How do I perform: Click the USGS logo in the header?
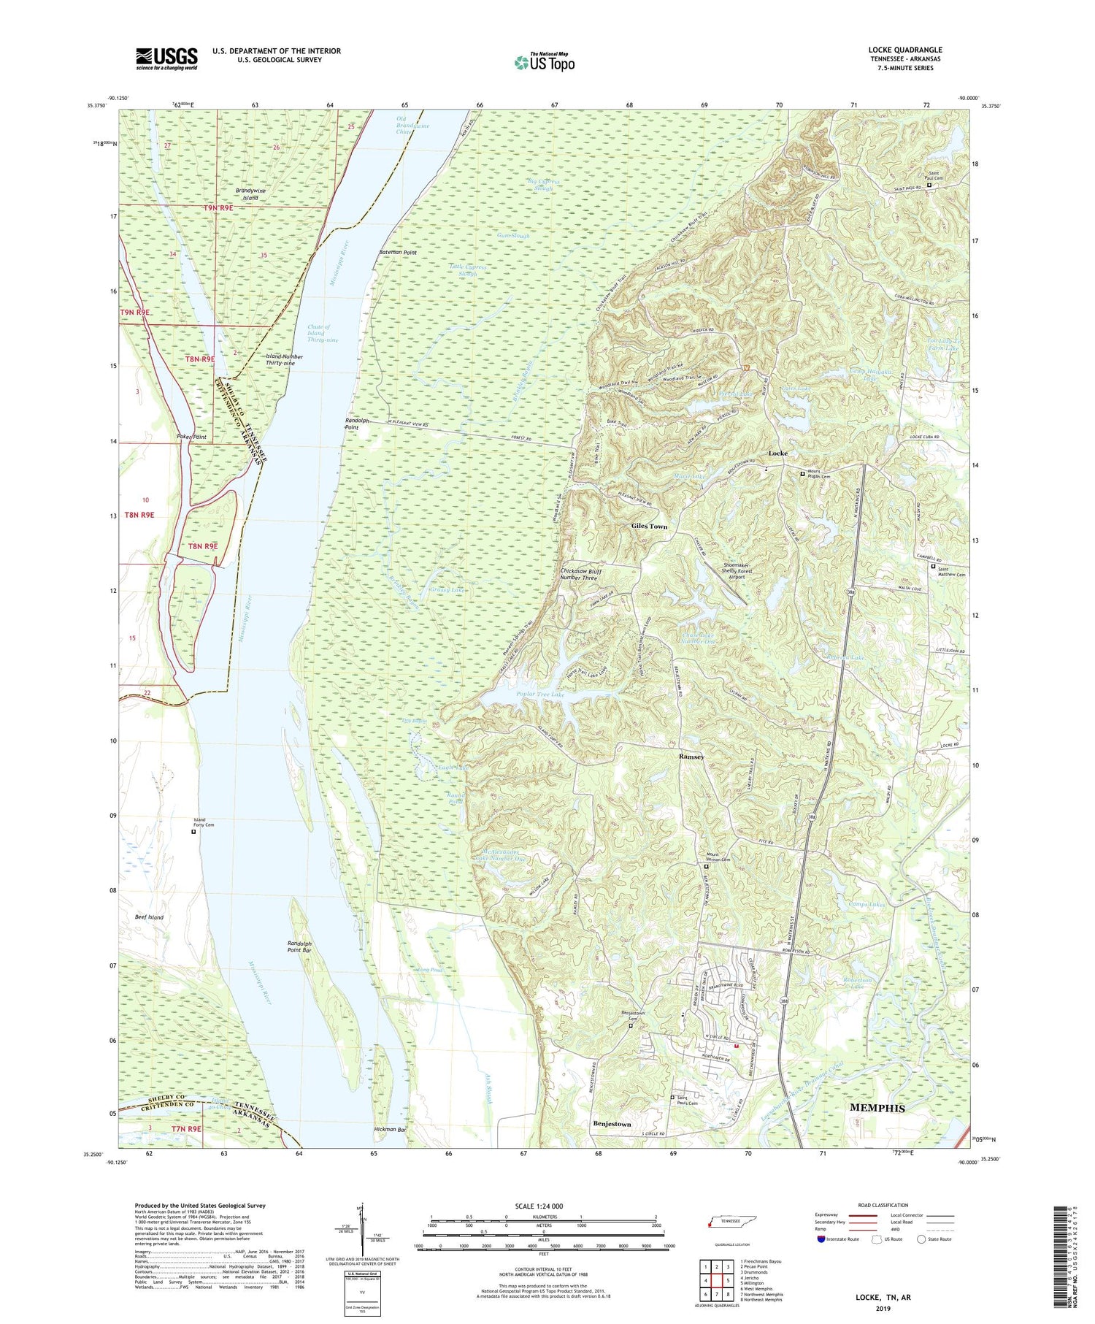pos(166,58)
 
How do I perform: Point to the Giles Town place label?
pos(649,526)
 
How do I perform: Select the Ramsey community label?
pos(691,757)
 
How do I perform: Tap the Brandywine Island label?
pos(250,194)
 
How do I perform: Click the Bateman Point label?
pos(398,252)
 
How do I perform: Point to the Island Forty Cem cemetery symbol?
pos(193,831)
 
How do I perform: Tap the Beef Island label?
pos(149,917)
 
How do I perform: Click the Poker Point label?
pos(191,437)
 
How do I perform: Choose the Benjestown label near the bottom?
pos(612,1124)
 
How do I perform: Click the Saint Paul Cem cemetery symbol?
pos(929,185)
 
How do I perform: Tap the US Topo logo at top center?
pos(544,62)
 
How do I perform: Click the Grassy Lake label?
pos(447,589)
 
